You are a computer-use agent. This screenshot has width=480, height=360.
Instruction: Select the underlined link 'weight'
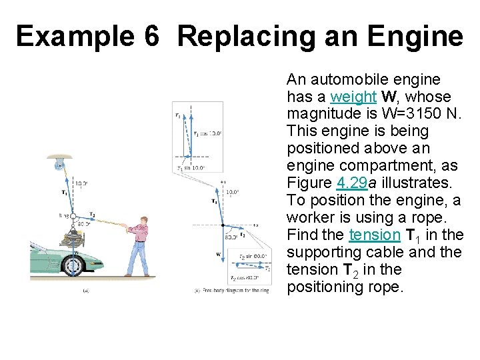click(353, 97)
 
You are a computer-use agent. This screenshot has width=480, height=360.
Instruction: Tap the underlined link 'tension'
click(374, 235)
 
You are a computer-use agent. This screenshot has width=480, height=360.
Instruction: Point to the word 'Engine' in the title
click(420, 36)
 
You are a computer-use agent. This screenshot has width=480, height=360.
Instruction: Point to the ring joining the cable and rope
click(75, 215)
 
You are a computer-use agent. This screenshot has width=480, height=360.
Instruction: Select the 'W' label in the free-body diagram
click(217, 254)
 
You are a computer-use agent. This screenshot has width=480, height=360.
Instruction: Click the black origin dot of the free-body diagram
click(223, 225)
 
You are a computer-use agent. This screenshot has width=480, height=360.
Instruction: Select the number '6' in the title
click(151, 36)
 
